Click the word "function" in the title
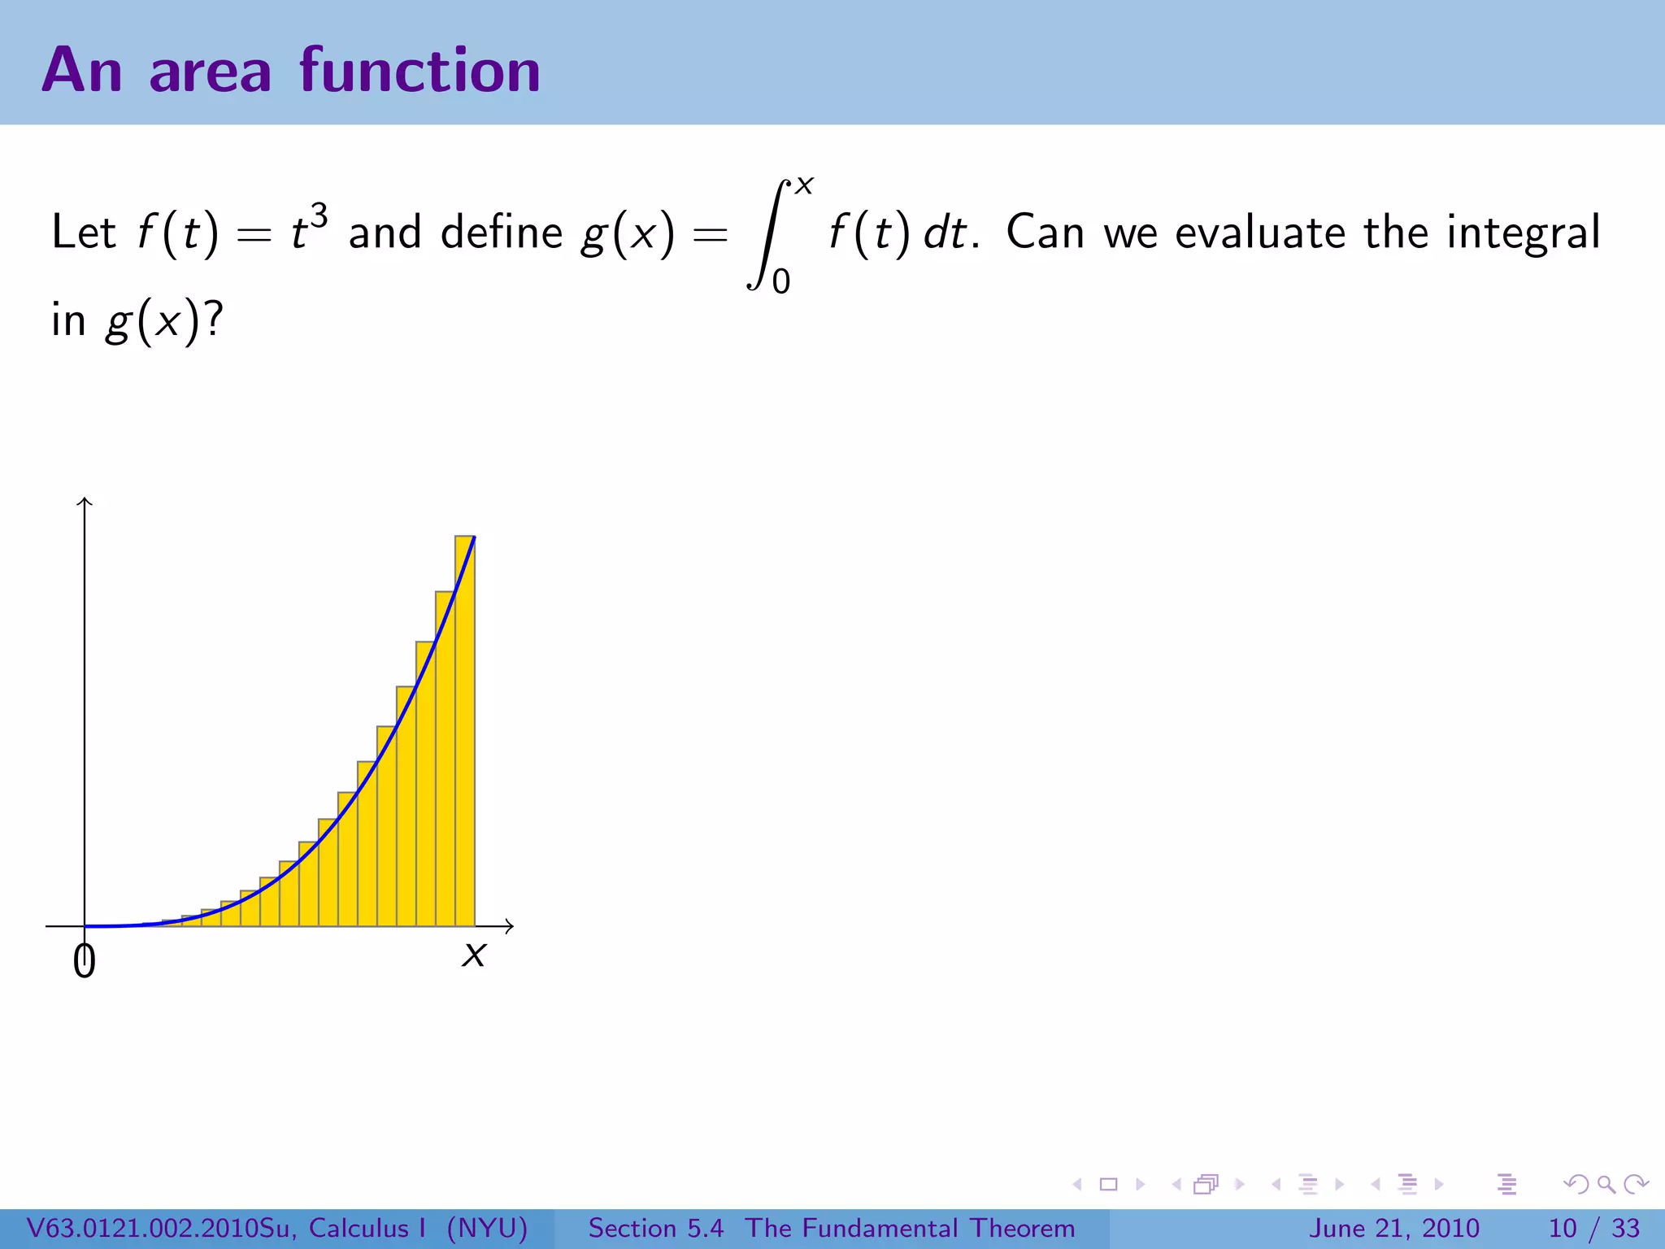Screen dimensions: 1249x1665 [420, 71]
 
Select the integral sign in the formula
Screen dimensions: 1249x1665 [767, 234]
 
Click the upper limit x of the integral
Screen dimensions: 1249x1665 [804, 186]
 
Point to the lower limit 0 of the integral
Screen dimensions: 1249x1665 [780, 282]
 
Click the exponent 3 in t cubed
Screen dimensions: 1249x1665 [319, 217]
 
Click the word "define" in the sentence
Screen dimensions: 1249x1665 [501, 233]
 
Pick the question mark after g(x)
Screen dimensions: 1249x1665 [214, 319]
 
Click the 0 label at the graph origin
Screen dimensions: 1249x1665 [84, 961]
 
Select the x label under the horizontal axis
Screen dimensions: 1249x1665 [473, 955]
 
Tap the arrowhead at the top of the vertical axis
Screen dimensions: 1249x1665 [85, 501]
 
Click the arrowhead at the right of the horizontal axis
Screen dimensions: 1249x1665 [509, 925]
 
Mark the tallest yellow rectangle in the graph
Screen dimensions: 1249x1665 [465, 732]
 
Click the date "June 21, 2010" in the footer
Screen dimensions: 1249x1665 [1393, 1228]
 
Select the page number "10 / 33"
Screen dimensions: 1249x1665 [1593, 1228]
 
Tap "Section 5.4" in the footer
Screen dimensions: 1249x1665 [655, 1228]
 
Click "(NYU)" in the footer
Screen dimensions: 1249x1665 [487, 1228]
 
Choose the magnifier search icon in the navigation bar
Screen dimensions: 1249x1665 [1606, 1184]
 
